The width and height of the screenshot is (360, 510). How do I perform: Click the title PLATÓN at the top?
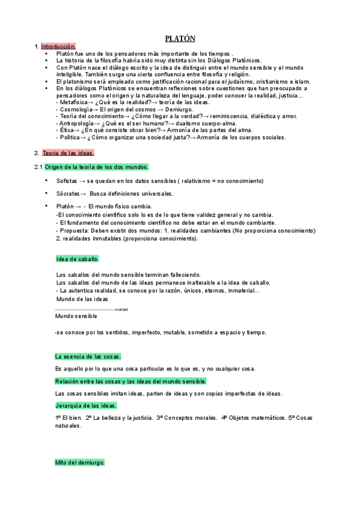(180, 38)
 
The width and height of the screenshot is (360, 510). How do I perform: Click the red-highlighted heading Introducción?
(58, 46)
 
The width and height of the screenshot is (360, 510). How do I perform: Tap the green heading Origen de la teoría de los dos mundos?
(97, 167)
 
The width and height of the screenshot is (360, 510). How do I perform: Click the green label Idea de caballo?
(78, 259)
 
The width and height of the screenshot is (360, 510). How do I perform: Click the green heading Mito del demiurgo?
(80, 463)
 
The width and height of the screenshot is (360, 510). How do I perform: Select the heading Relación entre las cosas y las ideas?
(130, 381)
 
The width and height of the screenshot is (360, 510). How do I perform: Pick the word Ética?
(66, 130)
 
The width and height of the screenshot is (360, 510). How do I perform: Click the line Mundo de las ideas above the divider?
(82, 299)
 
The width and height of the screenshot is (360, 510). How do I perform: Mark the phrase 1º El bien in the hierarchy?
(68, 417)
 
